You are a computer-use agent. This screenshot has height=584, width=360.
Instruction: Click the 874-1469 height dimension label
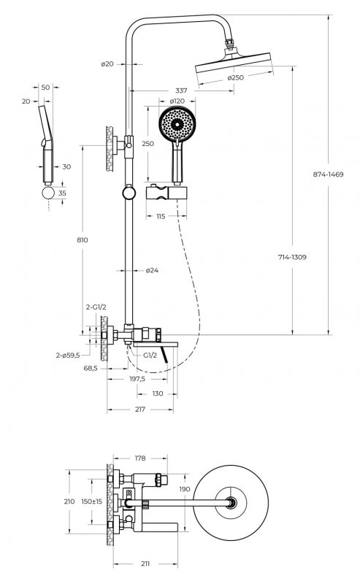click(x=328, y=174)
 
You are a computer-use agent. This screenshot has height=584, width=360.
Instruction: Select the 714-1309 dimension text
click(x=292, y=257)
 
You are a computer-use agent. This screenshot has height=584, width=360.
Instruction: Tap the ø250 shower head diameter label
click(x=236, y=77)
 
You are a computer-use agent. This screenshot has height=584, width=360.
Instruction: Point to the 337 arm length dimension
click(x=181, y=91)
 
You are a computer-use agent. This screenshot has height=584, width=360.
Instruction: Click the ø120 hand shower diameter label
click(x=177, y=101)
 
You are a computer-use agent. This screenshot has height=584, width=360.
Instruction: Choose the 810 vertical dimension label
click(x=83, y=240)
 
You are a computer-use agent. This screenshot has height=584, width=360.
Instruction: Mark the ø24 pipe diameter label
click(x=152, y=270)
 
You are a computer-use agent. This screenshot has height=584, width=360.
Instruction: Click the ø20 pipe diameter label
click(x=107, y=64)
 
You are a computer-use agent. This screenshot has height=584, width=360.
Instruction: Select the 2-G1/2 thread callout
click(x=96, y=307)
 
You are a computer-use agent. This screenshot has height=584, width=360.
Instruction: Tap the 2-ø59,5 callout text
click(x=68, y=356)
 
